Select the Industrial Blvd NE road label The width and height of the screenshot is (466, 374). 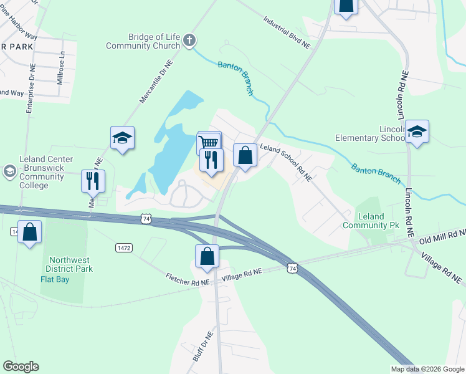pos(286,32)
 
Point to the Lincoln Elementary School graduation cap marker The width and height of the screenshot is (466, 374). pos(417,132)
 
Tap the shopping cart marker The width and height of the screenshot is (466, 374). pos(209,143)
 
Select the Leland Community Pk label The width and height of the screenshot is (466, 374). pos(372,220)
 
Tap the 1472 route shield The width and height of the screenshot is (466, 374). pos(124,248)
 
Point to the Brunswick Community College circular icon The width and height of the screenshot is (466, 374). pos(9,170)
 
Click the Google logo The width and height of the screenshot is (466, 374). pos(21,367)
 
